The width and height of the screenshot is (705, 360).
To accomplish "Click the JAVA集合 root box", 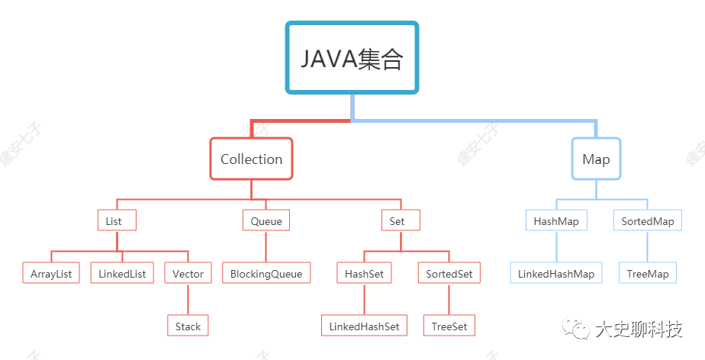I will click(352, 58).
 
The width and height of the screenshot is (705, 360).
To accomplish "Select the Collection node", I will click(251, 159).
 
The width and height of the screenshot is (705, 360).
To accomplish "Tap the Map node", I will click(596, 159).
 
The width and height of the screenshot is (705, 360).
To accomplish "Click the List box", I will click(117, 221).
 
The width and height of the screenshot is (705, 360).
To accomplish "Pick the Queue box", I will click(266, 221).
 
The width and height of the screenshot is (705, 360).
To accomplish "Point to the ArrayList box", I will click(51, 273).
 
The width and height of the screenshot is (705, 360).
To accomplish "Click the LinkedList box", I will click(122, 273).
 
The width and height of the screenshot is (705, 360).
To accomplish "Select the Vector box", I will click(188, 273).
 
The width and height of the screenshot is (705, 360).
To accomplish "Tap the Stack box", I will click(188, 326).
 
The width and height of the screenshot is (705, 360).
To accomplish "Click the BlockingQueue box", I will click(266, 273).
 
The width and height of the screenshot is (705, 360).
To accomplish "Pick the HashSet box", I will click(364, 273).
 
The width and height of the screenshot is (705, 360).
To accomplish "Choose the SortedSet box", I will click(449, 273).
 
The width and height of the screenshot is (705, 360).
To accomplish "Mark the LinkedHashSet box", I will click(364, 326).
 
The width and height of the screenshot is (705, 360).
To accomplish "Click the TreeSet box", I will click(449, 326).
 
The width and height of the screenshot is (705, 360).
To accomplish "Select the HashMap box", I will click(556, 221).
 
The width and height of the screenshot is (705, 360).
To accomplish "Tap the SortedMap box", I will click(648, 221).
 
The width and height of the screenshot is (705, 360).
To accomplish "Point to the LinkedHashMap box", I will click(556, 273).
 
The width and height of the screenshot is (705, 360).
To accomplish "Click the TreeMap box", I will click(648, 273).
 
